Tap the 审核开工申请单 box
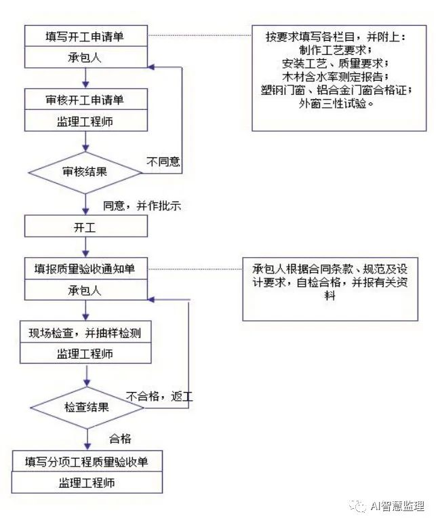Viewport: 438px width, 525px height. point(85,100)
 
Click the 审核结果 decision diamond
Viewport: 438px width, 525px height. point(85,172)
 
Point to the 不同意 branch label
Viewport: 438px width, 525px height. point(163,161)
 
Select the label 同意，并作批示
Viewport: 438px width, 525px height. point(142,205)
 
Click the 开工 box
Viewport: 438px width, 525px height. point(85,227)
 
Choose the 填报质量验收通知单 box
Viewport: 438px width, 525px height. point(85,269)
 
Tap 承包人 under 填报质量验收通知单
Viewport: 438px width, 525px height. point(85,290)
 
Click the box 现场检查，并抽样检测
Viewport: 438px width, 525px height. point(85,332)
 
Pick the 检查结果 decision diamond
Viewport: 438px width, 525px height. point(86,407)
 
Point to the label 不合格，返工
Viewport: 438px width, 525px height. point(159,396)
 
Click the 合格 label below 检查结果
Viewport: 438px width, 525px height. point(120,439)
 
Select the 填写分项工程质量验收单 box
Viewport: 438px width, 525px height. point(86,462)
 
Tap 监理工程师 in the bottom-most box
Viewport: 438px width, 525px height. point(86,483)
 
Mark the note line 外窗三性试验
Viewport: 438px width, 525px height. point(338,103)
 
